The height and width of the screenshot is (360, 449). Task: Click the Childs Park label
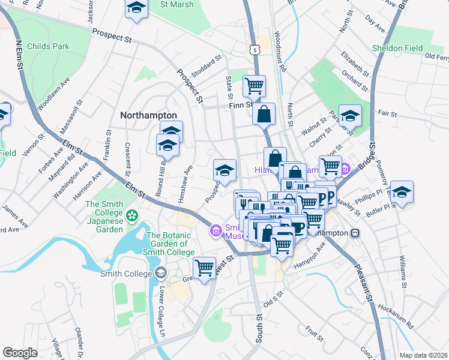52,46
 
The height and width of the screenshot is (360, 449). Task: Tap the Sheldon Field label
397,48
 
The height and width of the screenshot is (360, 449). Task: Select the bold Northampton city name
148,115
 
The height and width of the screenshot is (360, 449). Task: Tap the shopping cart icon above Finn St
254,86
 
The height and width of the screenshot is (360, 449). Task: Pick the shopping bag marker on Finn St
264,114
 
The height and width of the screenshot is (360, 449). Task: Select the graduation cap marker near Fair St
350,116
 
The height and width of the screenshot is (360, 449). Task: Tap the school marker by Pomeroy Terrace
402,192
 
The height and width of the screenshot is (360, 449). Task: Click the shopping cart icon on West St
205,267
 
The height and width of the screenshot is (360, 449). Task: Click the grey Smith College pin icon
160,274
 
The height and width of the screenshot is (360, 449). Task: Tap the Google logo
20,353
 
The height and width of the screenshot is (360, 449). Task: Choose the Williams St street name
402,274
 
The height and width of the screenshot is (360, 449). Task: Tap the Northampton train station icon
356,233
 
